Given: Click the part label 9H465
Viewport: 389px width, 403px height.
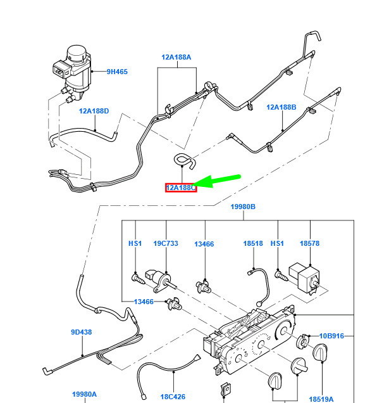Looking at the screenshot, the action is pyautogui.click(x=117, y=72).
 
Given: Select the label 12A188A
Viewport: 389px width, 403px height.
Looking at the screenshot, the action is pyautogui.click(x=176, y=57).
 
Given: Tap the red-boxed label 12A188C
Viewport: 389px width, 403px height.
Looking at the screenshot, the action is pyautogui.click(x=181, y=188).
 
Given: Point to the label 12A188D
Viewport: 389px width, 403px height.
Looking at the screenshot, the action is pyautogui.click(x=94, y=111).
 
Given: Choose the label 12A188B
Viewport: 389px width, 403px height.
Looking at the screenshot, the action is pyautogui.click(x=281, y=107).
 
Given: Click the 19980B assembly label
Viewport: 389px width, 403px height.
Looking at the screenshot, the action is pyautogui.click(x=243, y=207).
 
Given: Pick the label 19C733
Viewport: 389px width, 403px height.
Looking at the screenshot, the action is pyautogui.click(x=166, y=243).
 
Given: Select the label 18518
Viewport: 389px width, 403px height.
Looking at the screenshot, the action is pyautogui.click(x=253, y=243).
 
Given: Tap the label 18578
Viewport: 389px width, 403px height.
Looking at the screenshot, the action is pyautogui.click(x=310, y=243).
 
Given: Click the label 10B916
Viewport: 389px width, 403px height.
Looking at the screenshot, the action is pyautogui.click(x=331, y=336).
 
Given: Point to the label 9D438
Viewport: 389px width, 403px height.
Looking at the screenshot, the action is pyautogui.click(x=82, y=332).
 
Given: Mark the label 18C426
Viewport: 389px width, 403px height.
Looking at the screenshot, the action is pyautogui.click(x=173, y=397).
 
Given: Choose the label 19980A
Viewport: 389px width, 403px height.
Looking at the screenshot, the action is pyautogui.click(x=84, y=394).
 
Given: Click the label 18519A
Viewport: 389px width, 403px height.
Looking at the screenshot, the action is pyautogui.click(x=321, y=399).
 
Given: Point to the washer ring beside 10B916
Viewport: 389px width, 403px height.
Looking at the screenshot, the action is pyautogui.click(x=303, y=342).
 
